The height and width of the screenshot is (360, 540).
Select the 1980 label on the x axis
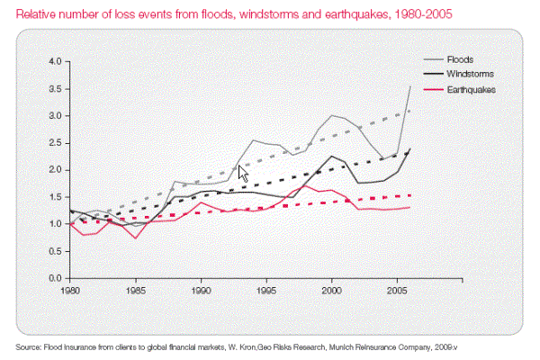[71, 292]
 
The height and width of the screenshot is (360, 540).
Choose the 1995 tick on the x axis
[265, 292]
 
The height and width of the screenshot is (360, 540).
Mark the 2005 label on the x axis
[397, 292]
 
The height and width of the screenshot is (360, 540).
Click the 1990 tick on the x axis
[201, 292]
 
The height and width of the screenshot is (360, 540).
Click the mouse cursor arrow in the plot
[242, 172]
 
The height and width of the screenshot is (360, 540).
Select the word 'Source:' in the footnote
[31, 346]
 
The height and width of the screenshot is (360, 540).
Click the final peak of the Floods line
[410, 86]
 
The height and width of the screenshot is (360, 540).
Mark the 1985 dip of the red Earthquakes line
[135, 238]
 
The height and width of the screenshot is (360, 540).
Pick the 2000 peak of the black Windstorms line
[331, 156]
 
